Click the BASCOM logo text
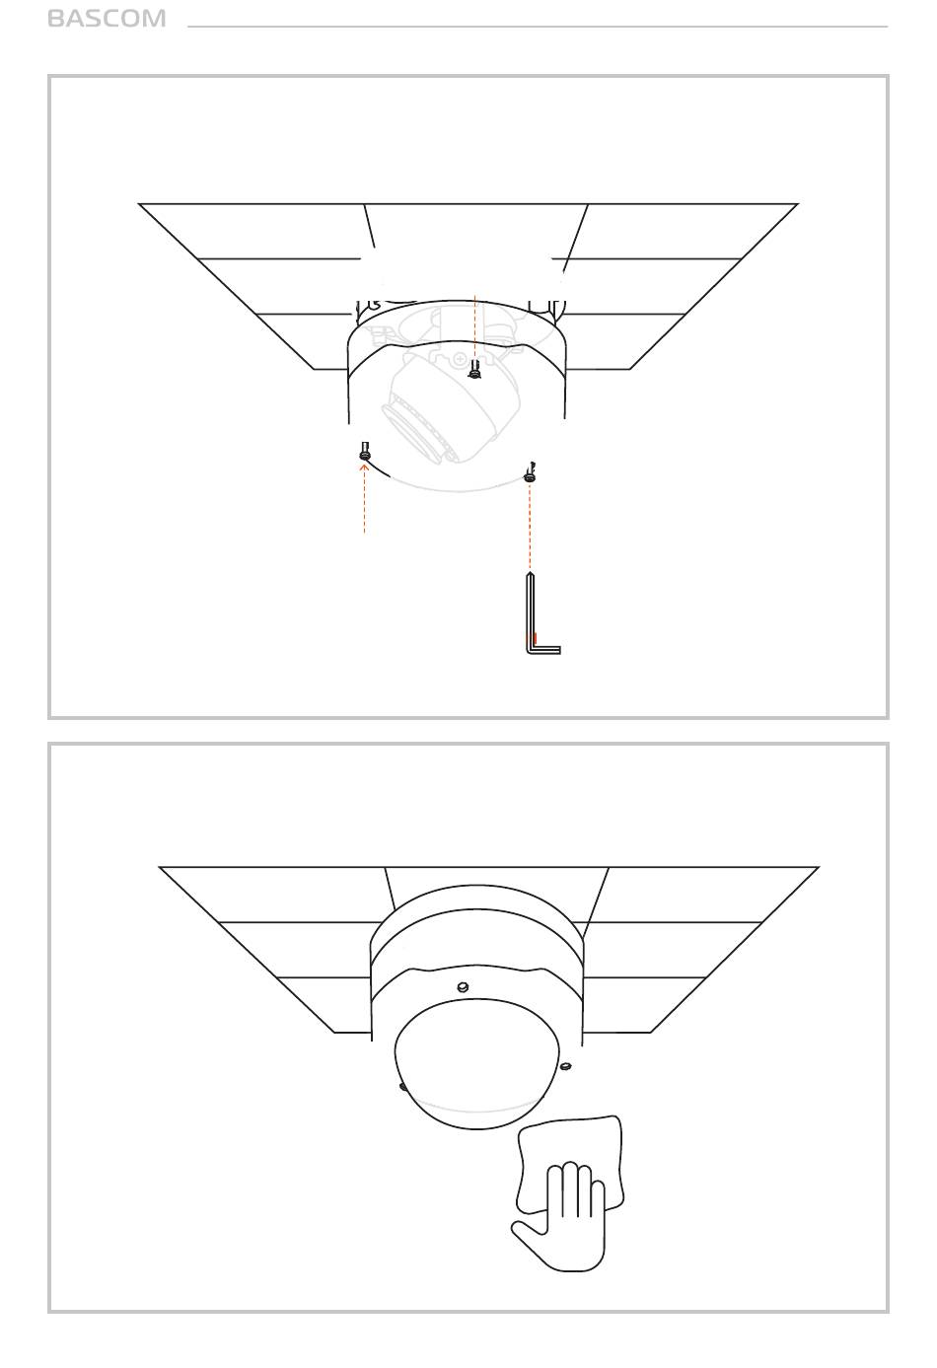(107, 19)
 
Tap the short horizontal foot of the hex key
(543, 650)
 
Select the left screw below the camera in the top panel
(365, 452)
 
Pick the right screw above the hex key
(530, 474)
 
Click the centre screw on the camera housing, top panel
(474, 370)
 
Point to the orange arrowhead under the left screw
(365, 468)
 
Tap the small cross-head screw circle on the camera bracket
(460, 359)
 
